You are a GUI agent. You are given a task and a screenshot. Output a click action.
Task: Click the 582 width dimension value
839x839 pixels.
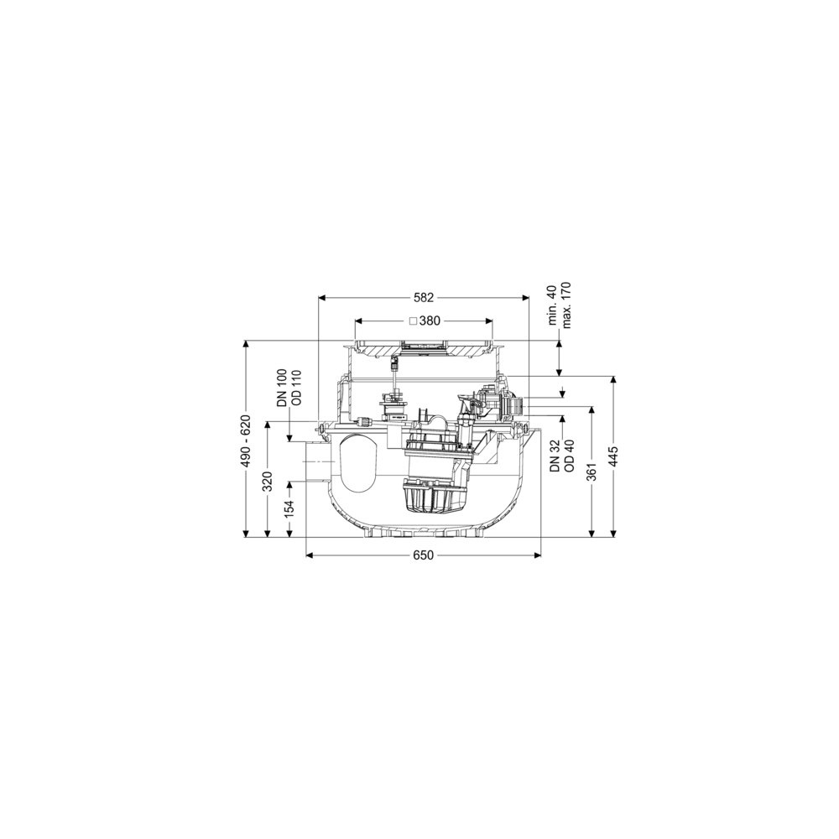point(423,298)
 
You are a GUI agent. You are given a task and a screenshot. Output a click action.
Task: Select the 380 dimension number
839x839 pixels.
point(430,321)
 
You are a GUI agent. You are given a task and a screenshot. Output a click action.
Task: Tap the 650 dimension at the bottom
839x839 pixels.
point(423,556)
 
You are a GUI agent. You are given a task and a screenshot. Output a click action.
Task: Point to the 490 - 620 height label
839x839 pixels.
point(246,441)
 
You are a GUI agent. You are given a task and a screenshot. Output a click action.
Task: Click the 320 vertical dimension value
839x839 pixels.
point(268,481)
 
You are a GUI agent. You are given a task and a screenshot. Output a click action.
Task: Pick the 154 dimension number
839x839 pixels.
point(289,509)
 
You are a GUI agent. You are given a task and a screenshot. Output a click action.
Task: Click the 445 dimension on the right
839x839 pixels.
point(613,456)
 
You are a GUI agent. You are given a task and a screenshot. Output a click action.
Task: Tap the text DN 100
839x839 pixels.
point(282,388)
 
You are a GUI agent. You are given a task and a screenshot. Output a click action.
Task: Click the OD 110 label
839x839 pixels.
point(296,388)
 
